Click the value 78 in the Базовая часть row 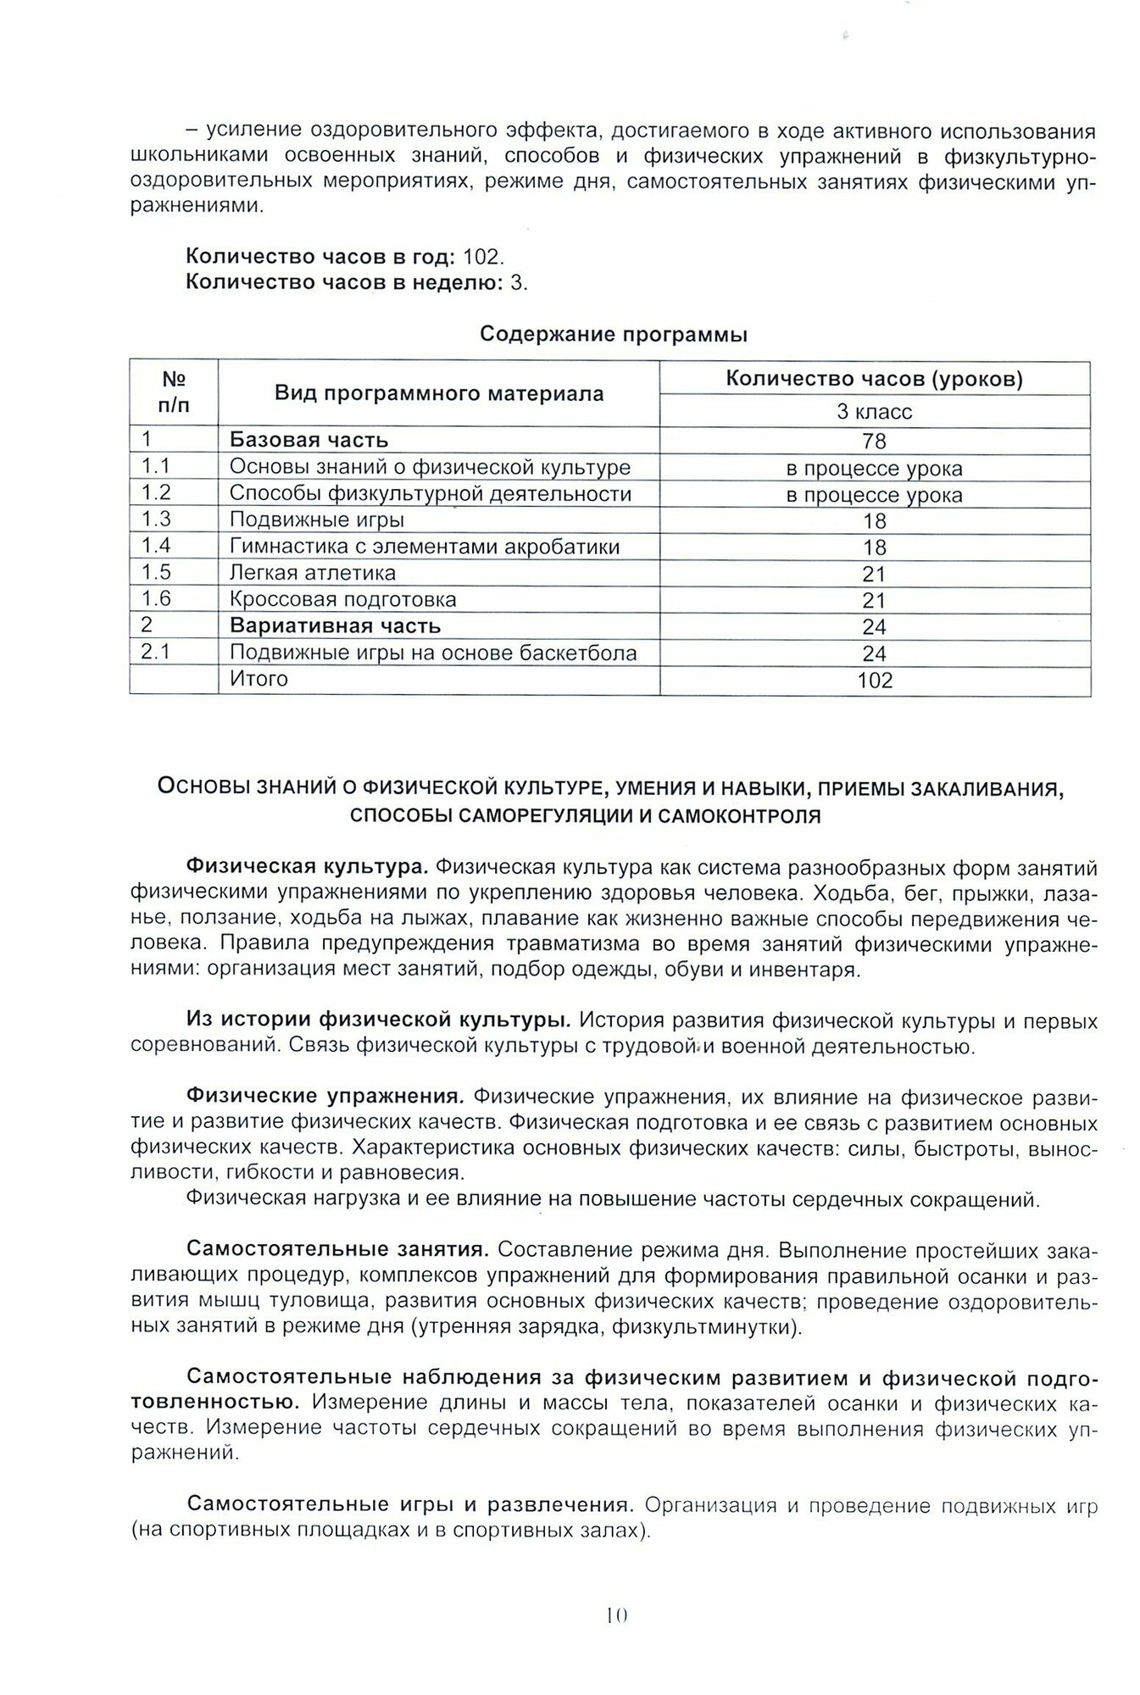click(874, 441)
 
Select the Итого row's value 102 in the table click(875, 681)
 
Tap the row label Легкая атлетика click(313, 573)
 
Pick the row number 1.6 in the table click(156, 599)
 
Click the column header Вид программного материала click(439, 393)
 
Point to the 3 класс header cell click(874, 412)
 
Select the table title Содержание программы click(614, 334)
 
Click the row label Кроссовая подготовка click(343, 600)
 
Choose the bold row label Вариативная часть click(336, 626)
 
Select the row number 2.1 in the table click(156, 653)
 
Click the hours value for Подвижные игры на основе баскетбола click(874, 653)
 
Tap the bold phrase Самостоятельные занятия click(338, 1249)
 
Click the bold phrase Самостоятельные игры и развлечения click(411, 1505)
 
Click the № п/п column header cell click(174, 392)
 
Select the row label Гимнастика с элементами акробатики click(425, 547)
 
